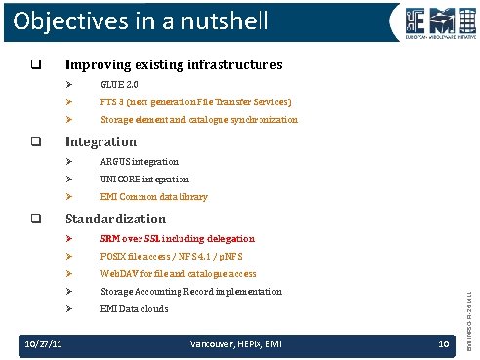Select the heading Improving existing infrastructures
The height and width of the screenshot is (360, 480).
coord(173,65)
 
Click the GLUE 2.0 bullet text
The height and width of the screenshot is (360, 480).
coord(120,85)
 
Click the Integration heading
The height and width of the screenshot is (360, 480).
coord(100,142)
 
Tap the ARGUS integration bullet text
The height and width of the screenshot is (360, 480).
coord(140,161)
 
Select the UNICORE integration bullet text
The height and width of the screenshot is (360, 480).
coord(144,180)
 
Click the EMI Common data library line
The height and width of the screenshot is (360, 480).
coord(153,197)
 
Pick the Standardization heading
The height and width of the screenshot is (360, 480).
coord(115,219)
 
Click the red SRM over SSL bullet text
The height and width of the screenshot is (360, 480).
coord(177,238)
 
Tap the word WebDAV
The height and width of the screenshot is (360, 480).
coord(120,274)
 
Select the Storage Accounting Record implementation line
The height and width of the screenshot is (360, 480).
coord(190,292)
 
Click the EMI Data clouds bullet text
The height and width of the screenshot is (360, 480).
coord(134,309)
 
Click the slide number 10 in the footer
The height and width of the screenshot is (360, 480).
coord(442,343)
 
